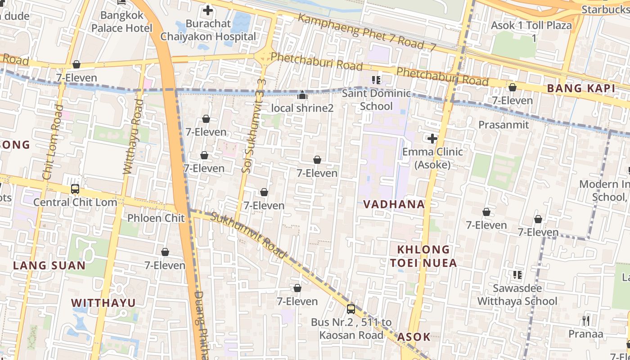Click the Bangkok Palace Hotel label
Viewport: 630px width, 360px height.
(122, 22)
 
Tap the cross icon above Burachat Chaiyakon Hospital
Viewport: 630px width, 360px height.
(207, 10)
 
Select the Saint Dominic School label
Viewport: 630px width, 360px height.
(376, 100)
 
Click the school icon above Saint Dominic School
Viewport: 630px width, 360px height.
(376, 80)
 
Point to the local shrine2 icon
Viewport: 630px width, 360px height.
(302, 95)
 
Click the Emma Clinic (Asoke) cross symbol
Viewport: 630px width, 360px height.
(432, 139)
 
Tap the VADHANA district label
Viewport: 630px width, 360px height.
(394, 204)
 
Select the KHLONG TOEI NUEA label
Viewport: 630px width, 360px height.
(423, 256)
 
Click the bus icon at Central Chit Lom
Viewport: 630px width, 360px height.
(75, 189)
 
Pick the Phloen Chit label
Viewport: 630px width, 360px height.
(156, 218)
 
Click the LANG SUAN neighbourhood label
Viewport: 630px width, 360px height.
(49, 265)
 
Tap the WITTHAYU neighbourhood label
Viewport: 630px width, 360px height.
(103, 303)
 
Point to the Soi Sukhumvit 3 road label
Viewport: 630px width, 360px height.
(252, 126)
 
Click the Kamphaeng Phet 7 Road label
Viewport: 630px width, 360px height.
(367, 32)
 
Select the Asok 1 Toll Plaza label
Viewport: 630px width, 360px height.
(531, 26)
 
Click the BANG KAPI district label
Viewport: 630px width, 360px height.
(580, 89)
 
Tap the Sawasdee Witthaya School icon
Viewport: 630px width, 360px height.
(517, 274)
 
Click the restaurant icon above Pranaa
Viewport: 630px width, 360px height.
(585, 320)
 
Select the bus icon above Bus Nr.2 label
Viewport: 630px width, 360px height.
(351, 309)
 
